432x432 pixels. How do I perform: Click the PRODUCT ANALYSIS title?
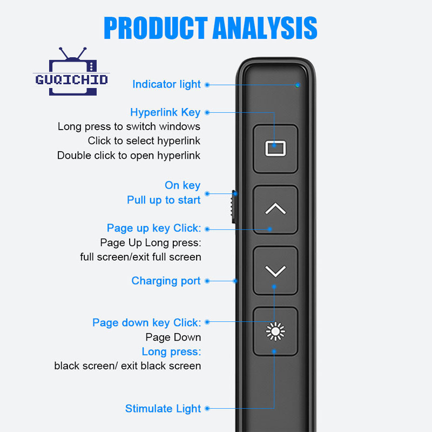tap(211, 28)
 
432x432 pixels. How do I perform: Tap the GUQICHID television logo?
tap(71, 72)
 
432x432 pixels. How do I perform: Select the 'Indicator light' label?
tap(166, 84)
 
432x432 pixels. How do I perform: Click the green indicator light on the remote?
tap(298, 85)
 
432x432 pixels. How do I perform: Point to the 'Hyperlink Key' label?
tap(165, 112)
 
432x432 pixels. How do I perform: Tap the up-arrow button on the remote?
tap(275, 210)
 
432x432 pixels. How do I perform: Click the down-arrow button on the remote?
tap(275, 271)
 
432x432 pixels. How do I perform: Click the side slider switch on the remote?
tap(233, 207)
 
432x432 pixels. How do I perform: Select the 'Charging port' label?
tap(166, 281)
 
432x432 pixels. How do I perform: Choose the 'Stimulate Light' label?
tap(163, 409)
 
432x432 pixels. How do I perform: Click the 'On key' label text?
tap(183, 185)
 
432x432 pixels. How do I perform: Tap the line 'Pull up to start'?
tap(164, 200)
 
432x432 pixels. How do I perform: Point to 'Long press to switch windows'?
tap(129, 127)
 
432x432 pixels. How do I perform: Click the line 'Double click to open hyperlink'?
tap(129, 156)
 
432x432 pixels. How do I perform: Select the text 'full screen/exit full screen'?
tap(140, 257)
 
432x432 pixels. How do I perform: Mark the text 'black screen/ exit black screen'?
tap(127, 366)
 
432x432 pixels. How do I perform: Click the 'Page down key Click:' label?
tap(147, 322)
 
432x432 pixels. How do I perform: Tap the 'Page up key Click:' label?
tap(154, 228)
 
